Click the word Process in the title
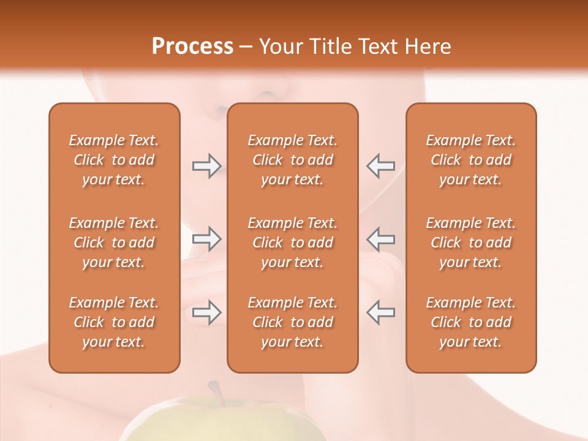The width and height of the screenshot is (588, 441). (192, 47)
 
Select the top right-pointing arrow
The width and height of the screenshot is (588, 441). (206, 165)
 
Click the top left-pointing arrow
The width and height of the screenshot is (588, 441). (380, 165)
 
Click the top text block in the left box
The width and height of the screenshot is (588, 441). (114, 160)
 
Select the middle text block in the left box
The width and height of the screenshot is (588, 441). (114, 243)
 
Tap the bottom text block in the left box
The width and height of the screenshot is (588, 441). (114, 322)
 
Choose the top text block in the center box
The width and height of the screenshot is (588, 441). (292, 160)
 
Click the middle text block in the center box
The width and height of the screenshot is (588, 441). (292, 243)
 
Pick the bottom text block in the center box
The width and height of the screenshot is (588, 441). (292, 322)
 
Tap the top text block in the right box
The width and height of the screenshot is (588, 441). (470, 160)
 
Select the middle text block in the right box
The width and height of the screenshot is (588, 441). (470, 243)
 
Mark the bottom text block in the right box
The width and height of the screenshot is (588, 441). (470, 322)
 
